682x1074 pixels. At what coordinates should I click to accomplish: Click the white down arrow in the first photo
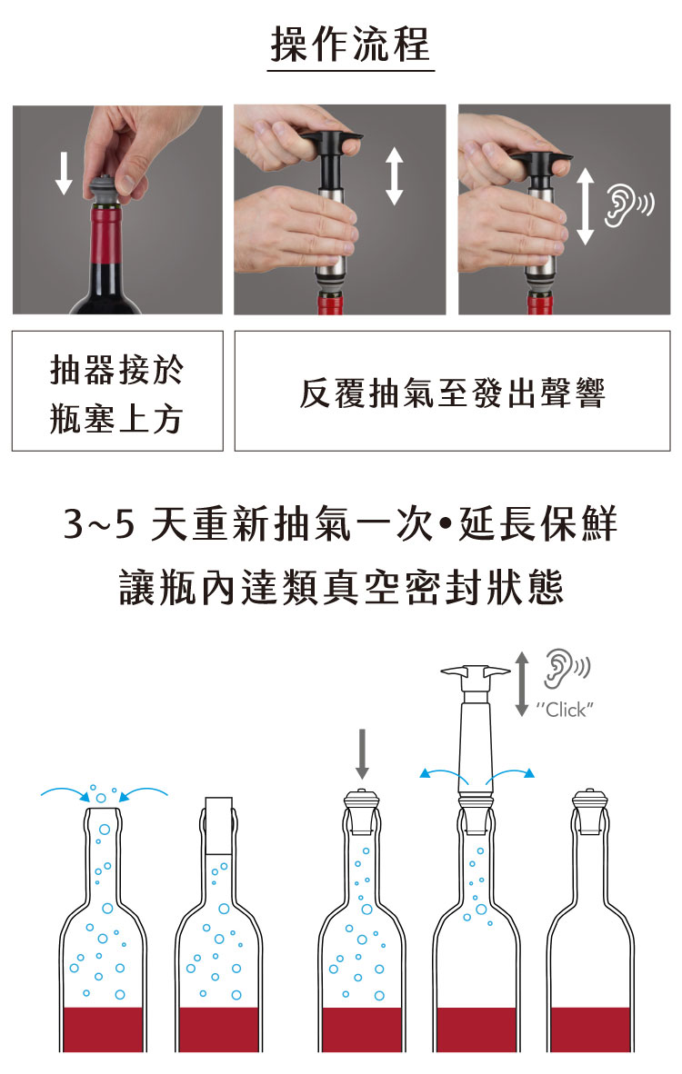[64, 173]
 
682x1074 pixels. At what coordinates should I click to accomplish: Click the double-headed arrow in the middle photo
[394, 176]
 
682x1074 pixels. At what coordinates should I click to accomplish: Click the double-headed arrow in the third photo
[585, 206]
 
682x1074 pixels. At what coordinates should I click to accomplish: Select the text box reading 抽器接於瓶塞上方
[117, 391]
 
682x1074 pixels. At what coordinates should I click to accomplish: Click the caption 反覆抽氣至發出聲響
[452, 393]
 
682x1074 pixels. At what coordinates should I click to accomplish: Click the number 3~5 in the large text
[99, 524]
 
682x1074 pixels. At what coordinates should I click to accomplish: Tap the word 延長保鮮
[538, 524]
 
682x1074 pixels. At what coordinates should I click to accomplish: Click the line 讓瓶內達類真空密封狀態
[341, 588]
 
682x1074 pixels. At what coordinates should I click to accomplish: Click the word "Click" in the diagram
[565, 710]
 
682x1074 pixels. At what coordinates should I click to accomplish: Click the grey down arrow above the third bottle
[362, 753]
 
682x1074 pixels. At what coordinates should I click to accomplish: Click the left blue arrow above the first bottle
[65, 793]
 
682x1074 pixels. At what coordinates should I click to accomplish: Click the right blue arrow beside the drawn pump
[510, 775]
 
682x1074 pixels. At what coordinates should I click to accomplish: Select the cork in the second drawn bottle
[218, 825]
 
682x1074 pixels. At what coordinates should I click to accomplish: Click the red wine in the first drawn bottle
[103, 1029]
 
